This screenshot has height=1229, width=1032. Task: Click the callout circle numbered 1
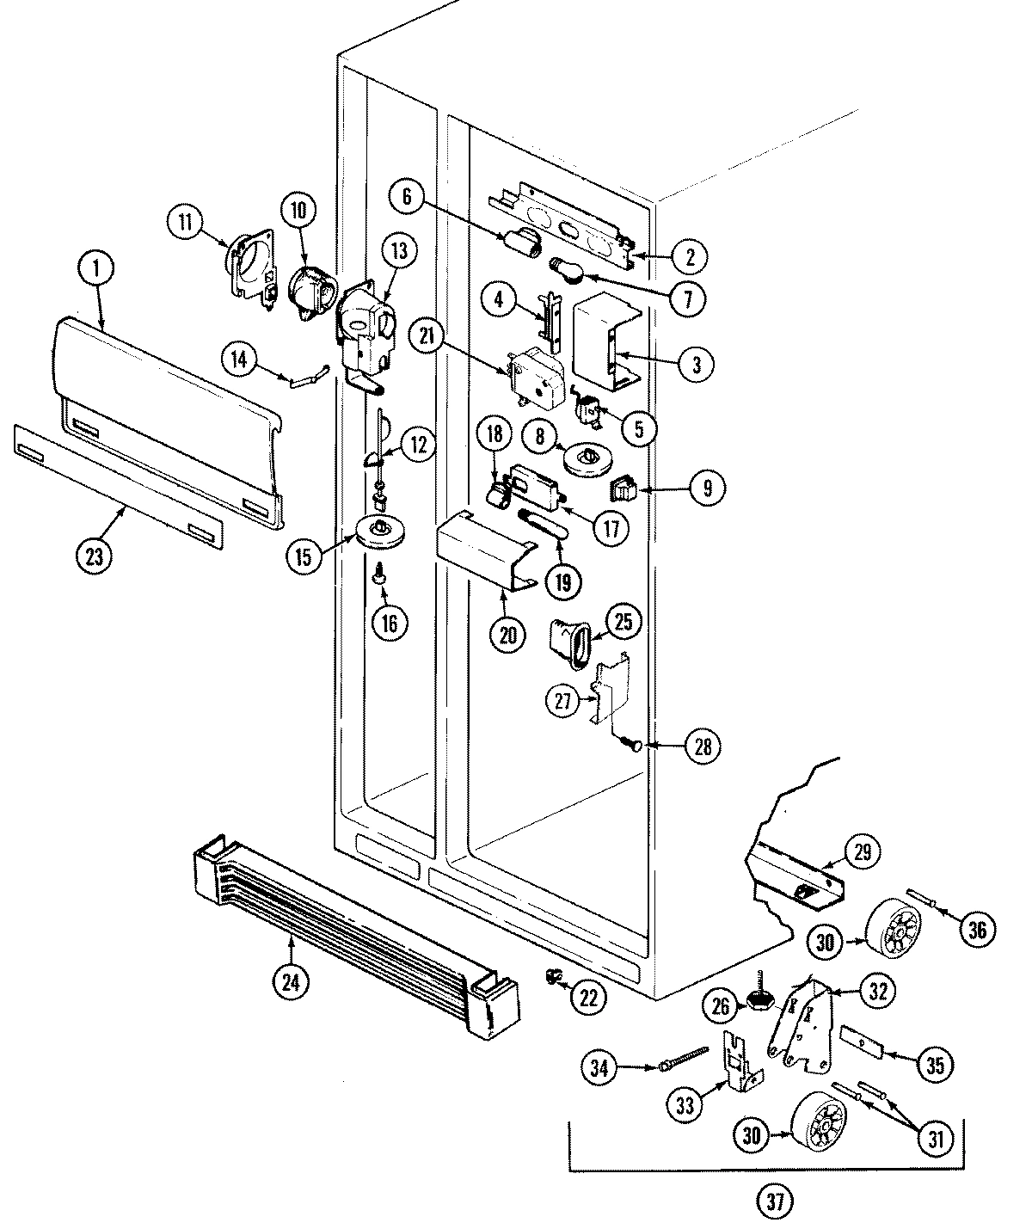[96, 269]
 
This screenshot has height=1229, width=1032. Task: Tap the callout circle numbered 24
[291, 981]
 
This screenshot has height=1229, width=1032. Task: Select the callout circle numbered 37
[776, 1201]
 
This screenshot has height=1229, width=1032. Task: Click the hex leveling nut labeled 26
[760, 1001]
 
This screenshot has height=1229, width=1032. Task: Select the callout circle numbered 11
[183, 223]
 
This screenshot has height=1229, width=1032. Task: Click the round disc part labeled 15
[379, 532]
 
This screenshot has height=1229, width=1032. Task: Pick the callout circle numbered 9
[707, 489]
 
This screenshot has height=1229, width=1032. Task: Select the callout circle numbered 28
[703, 747]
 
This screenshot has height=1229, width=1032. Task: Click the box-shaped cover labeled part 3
[602, 340]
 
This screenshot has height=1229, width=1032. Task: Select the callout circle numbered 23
[94, 556]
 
